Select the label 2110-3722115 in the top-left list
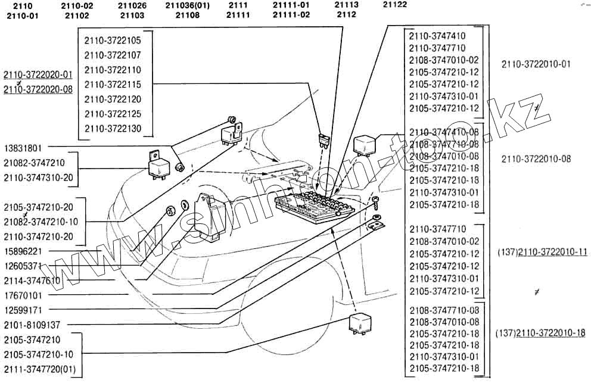click(x=113, y=85)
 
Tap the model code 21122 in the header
click(x=395, y=5)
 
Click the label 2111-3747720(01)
click(x=40, y=369)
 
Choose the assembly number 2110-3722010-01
click(x=536, y=64)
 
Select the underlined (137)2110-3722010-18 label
click(x=540, y=333)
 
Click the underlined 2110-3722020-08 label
click(x=38, y=89)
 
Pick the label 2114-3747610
click(x=32, y=281)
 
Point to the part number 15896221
click(x=24, y=251)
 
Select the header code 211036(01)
click(x=188, y=5)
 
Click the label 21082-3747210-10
click(x=45, y=222)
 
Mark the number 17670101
click(x=24, y=295)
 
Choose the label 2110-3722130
click(x=113, y=129)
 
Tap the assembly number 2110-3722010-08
click(x=536, y=159)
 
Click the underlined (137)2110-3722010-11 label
click(x=542, y=252)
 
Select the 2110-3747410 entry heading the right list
click(x=437, y=36)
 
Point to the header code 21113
click(x=346, y=5)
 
